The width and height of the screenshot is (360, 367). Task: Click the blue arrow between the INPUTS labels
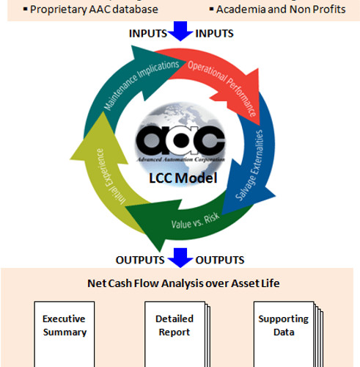180,31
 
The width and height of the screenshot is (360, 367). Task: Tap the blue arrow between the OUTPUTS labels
180,258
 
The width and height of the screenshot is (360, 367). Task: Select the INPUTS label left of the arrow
148,34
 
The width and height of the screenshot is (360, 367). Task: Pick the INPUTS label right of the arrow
214,34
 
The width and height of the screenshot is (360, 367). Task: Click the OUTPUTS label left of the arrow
140,260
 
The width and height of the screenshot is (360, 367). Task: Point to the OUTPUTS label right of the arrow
220,260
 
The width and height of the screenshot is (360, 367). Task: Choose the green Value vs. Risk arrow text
195,222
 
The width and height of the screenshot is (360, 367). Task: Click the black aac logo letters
180,140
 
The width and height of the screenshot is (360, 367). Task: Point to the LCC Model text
183,178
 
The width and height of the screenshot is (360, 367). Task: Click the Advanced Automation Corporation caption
180,159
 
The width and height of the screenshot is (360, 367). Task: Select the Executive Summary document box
65,334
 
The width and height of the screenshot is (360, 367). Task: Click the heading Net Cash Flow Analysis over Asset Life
183,283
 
